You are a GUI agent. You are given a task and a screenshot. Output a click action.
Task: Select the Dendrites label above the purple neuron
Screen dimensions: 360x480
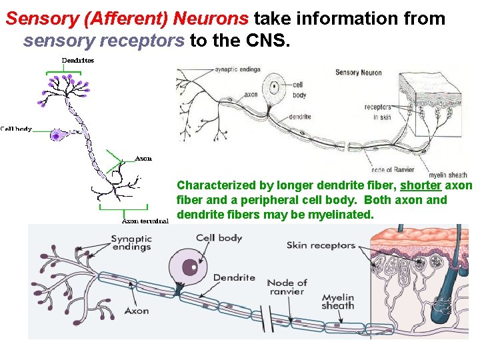78,60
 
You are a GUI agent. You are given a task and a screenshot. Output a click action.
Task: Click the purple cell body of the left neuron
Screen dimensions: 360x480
57,135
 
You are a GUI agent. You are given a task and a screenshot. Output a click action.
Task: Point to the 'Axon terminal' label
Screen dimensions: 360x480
145,221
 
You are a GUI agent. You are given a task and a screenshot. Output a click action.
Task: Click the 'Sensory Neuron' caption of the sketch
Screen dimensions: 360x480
358,72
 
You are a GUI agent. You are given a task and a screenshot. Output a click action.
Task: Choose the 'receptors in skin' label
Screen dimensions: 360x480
377,111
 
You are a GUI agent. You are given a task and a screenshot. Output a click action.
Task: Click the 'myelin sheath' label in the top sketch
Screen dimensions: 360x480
447,175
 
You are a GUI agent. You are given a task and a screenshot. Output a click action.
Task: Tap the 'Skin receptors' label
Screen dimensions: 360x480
321,245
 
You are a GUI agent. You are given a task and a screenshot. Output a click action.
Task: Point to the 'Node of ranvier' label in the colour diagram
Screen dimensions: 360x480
287,287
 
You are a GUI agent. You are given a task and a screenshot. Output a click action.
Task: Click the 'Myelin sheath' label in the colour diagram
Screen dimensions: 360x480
337,301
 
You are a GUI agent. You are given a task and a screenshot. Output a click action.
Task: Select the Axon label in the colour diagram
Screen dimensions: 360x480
137,311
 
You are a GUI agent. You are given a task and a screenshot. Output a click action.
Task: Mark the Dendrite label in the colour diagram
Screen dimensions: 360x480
234,278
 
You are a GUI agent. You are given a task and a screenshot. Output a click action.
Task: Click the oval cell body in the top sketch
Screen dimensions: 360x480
275,87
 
